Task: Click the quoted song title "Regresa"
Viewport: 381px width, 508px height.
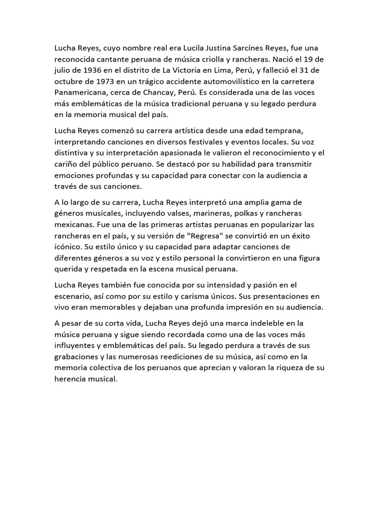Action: tap(204, 236)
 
